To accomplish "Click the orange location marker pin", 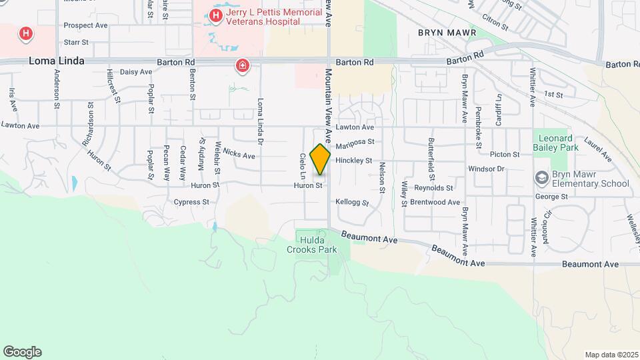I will [320, 159].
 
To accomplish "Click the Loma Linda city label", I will [57, 61].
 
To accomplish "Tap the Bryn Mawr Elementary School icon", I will [541, 178].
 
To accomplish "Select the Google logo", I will [22, 352].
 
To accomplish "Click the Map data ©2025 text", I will [611, 355].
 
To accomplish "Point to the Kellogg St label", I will [352, 201].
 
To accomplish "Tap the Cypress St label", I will [191, 201].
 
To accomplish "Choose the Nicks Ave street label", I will [239, 155].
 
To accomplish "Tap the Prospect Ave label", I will [85, 25].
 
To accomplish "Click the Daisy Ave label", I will [136, 71].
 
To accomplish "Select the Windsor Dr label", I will [486, 169].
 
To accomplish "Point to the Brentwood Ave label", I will [435, 201].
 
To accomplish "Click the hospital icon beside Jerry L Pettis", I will [216, 15].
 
